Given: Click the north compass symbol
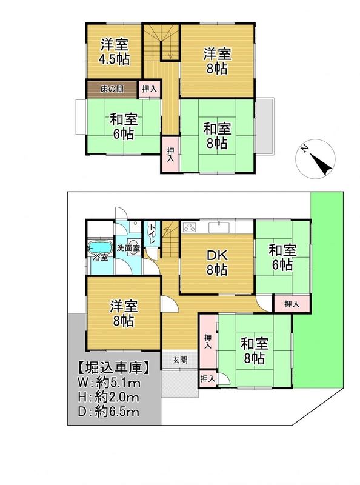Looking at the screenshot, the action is pos(315,159).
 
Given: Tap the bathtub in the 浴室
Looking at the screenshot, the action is pos(100,247).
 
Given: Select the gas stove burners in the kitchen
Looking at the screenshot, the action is pos(189,228).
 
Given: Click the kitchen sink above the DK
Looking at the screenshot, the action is pos(219,228).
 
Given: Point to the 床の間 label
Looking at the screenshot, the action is pos(112,89).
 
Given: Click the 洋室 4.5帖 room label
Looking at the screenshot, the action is pos(114,52).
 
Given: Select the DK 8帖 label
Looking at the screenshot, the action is pos(217,263).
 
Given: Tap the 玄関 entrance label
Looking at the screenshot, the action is pos(179,360).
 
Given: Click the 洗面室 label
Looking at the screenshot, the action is pos(128,248).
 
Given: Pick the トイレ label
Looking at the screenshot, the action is pos(152,235).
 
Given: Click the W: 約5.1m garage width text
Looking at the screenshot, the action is pos(109,383).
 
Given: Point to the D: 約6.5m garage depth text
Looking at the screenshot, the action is pos(108,412).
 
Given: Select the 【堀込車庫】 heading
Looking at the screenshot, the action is pos(113,369).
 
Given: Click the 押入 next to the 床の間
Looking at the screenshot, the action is pos(150,89).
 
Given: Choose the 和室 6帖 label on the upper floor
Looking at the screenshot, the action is pos(123,127).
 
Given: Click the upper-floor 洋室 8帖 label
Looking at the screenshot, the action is pos(217,61).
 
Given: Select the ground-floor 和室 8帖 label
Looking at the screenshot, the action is pos(254,350).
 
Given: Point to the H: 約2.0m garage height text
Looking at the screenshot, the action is pos(108,398).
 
